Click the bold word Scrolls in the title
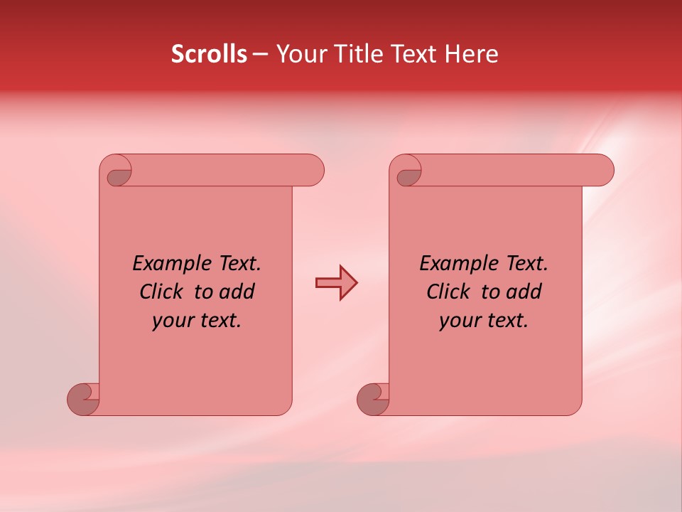[x=209, y=54]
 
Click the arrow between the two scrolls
[x=336, y=283]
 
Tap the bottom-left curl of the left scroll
[x=82, y=399]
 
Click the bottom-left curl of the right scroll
[x=372, y=399]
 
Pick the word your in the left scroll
[x=173, y=321]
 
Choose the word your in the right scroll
[x=460, y=321]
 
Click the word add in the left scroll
[x=237, y=292]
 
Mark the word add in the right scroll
[x=524, y=292]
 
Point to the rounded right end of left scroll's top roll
[x=314, y=171]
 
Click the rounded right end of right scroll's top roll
[x=604, y=171]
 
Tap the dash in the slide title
[x=261, y=55]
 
